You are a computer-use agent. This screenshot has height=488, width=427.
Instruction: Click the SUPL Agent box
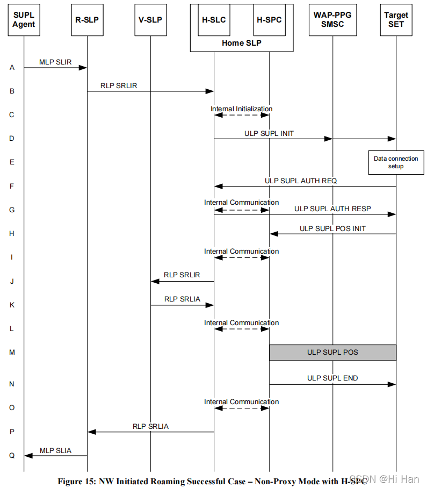[x=24, y=19]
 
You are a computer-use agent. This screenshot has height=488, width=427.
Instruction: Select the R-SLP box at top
[x=87, y=19]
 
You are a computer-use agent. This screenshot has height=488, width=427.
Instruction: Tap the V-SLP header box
[x=150, y=19]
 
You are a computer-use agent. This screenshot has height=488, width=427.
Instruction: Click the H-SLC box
[x=214, y=20]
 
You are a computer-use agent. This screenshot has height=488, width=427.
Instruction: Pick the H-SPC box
[x=269, y=20]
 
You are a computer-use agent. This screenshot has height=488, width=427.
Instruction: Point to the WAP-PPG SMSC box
[x=332, y=19]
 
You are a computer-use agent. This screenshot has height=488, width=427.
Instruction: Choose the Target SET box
[x=396, y=19]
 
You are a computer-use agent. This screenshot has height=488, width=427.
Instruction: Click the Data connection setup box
[x=396, y=162]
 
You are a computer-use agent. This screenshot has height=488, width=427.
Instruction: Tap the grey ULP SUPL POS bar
[x=332, y=353]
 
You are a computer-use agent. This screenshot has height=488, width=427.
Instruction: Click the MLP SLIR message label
[x=55, y=62]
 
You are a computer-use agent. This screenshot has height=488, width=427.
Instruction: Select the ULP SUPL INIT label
[x=269, y=133]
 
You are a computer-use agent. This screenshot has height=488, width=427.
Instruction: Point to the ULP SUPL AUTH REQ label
[x=301, y=181]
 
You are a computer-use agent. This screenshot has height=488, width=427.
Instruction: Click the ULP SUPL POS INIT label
[x=332, y=228]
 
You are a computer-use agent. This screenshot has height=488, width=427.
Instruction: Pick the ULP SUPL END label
[x=332, y=378]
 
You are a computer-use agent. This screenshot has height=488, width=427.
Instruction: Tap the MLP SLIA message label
[x=55, y=450]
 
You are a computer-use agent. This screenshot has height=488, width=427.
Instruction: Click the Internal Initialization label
[x=241, y=109]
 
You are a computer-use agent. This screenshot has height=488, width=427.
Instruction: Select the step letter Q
[x=12, y=455]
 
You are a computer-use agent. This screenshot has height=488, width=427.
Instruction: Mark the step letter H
[x=12, y=234]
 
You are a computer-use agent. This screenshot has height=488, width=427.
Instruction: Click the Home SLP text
[x=241, y=43]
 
